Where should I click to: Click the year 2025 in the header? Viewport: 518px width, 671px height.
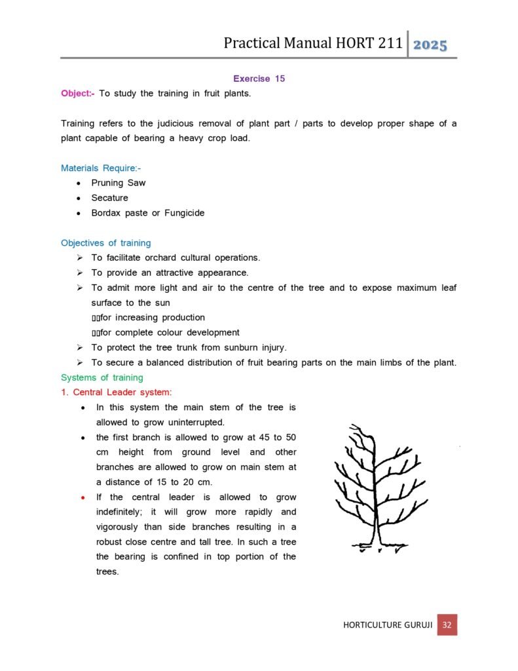430,45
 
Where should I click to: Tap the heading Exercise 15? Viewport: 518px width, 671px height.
259,79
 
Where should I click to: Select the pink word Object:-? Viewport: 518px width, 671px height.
77,94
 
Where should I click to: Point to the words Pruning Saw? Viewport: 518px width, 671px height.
119,183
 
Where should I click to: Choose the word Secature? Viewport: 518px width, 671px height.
110,198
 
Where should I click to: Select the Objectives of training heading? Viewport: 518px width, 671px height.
105,243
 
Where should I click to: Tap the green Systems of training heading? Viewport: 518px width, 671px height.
102,377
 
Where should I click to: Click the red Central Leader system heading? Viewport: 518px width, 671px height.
117,393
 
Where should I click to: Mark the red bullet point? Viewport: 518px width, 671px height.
82,498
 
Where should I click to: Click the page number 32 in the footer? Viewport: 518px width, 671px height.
447,624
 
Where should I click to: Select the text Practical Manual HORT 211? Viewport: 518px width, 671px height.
312,44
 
